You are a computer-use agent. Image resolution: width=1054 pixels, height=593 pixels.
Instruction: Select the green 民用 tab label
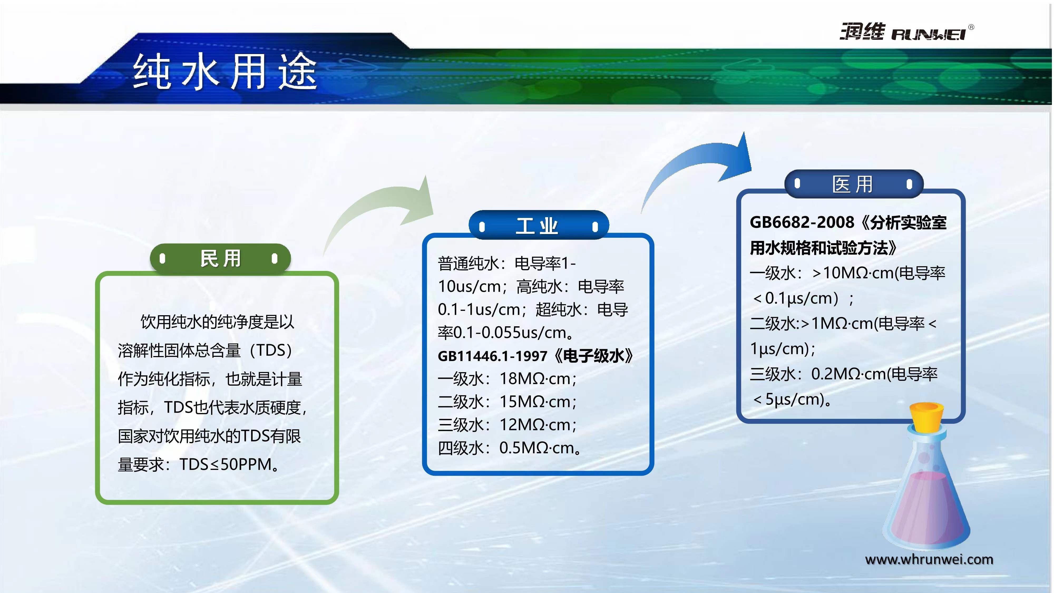click(221, 258)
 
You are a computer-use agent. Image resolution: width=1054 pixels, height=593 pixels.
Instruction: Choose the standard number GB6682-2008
click(802, 222)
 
